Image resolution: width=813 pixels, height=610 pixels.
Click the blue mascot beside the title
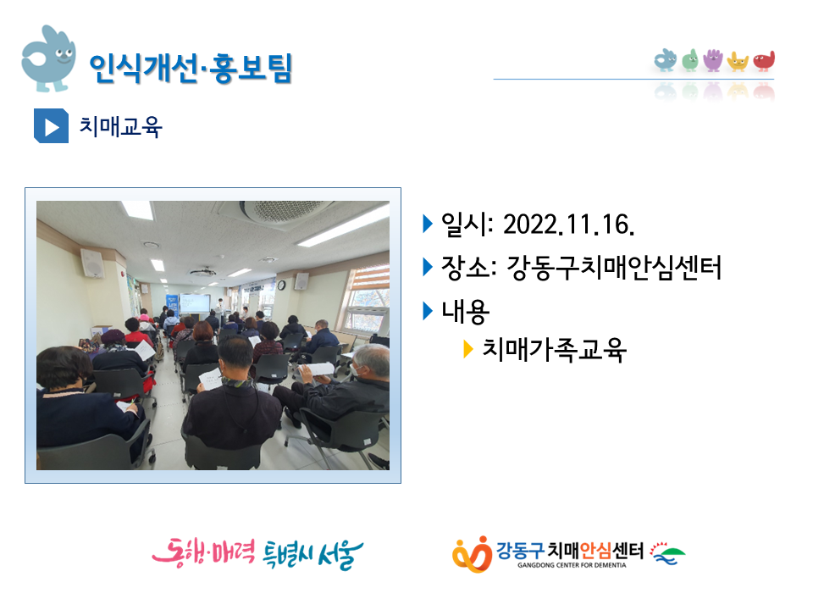click(x=48, y=58)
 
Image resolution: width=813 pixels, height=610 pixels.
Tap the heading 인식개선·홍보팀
click(x=191, y=68)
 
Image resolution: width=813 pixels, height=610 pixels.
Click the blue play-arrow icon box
click(x=51, y=125)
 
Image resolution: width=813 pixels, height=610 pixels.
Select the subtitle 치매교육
click(x=120, y=126)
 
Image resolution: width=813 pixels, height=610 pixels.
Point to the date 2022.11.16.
click(x=569, y=225)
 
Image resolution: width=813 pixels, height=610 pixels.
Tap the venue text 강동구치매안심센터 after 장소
click(x=614, y=268)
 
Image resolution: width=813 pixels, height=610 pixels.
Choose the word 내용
click(x=465, y=311)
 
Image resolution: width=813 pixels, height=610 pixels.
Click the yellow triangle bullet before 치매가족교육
click(x=467, y=349)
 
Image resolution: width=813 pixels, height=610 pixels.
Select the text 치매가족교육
click(x=554, y=350)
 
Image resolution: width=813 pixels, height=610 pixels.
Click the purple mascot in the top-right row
click(x=713, y=59)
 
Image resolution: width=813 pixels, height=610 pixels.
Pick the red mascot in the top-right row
click(x=764, y=61)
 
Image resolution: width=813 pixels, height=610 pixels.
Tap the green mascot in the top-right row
click(x=689, y=60)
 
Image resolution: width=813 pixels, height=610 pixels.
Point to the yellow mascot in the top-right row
click(x=738, y=61)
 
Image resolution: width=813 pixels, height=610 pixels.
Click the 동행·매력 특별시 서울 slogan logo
click(x=257, y=554)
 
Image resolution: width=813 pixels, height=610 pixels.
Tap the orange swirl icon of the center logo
click(x=472, y=554)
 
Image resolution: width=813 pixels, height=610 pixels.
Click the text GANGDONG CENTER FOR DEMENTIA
click(x=572, y=565)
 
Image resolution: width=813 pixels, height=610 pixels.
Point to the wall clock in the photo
click(x=281, y=285)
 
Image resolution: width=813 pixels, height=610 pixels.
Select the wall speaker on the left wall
click(x=92, y=263)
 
